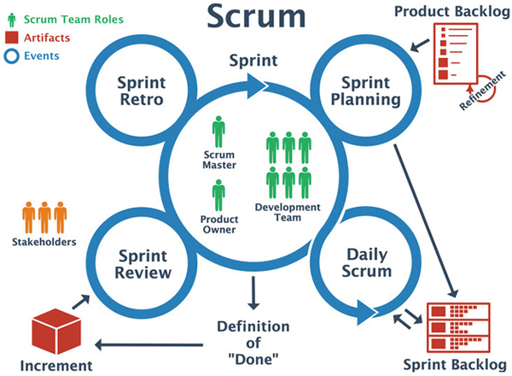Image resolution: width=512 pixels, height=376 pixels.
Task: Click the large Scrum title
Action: coord(256,16)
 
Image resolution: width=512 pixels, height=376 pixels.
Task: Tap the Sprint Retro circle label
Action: coord(142,91)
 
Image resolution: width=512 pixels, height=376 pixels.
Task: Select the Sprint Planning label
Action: coord(366,91)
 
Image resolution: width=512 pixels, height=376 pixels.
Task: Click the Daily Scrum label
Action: coord(367,263)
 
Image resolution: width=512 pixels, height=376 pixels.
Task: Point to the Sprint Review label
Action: coord(143,264)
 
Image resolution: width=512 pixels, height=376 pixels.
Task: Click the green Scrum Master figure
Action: coord(218,132)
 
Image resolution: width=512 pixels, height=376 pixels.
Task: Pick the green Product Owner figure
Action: coord(218,195)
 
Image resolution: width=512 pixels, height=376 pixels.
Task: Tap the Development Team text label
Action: coord(288,212)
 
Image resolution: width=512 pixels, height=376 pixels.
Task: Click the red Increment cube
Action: coord(56,332)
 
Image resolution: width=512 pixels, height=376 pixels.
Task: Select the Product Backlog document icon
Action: coord(456,54)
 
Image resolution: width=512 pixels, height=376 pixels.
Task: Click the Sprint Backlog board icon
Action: coord(458,327)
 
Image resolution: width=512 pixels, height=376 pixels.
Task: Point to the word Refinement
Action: coord(482,91)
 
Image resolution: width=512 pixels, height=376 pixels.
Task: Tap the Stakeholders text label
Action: coord(44,242)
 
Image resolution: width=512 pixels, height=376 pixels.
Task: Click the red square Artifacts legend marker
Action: coord(12,38)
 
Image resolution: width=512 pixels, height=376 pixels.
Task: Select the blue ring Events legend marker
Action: coord(12,56)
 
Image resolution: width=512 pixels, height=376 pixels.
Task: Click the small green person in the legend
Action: coord(12,20)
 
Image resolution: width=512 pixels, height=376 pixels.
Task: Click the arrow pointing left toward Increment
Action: coord(148,344)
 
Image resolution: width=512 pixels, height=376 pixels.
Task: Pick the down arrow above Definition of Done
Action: coord(253,293)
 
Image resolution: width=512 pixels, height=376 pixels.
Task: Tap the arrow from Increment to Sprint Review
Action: coord(81,302)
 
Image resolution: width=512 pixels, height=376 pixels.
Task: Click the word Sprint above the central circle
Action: coord(253,61)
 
